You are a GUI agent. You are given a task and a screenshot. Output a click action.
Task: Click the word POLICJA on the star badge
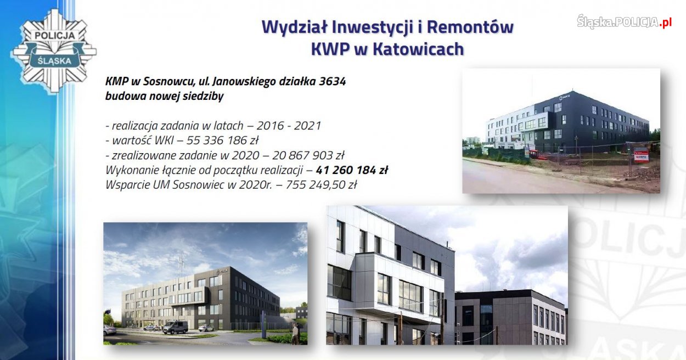click(x=54, y=35)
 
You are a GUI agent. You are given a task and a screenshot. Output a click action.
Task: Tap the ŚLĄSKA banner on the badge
click(x=54, y=60)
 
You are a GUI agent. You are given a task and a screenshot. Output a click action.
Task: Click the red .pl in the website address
click(x=665, y=22)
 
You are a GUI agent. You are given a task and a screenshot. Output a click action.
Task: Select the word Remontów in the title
click(x=470, y=27)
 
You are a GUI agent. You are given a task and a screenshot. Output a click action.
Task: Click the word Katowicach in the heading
click(x=418, y=49)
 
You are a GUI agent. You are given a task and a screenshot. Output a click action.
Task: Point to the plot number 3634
click(x=332, y=81)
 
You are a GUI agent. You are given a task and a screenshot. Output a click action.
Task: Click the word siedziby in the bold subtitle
click(x=203, y=97)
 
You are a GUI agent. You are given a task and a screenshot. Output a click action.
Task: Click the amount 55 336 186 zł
click(x=222, y=140)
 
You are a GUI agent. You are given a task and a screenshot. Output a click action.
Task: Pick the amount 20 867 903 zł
click(x=308, y=155)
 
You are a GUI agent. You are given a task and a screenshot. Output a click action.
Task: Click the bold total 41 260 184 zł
click(x=352, y=170)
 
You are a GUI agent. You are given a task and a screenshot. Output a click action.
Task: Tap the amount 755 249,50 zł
click(x=321, y=185)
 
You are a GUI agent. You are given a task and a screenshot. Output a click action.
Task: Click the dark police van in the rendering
click(x=175, y=327)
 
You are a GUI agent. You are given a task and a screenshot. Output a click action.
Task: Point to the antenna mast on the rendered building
click(x=181, y=265)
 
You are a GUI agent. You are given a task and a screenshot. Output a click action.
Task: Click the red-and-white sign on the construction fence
click(x=641, y=155)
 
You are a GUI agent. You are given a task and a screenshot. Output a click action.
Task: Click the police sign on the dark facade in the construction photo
click(x=564, y=97)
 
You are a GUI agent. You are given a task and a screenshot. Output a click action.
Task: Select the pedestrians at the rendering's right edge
click(x=295, y=334)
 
